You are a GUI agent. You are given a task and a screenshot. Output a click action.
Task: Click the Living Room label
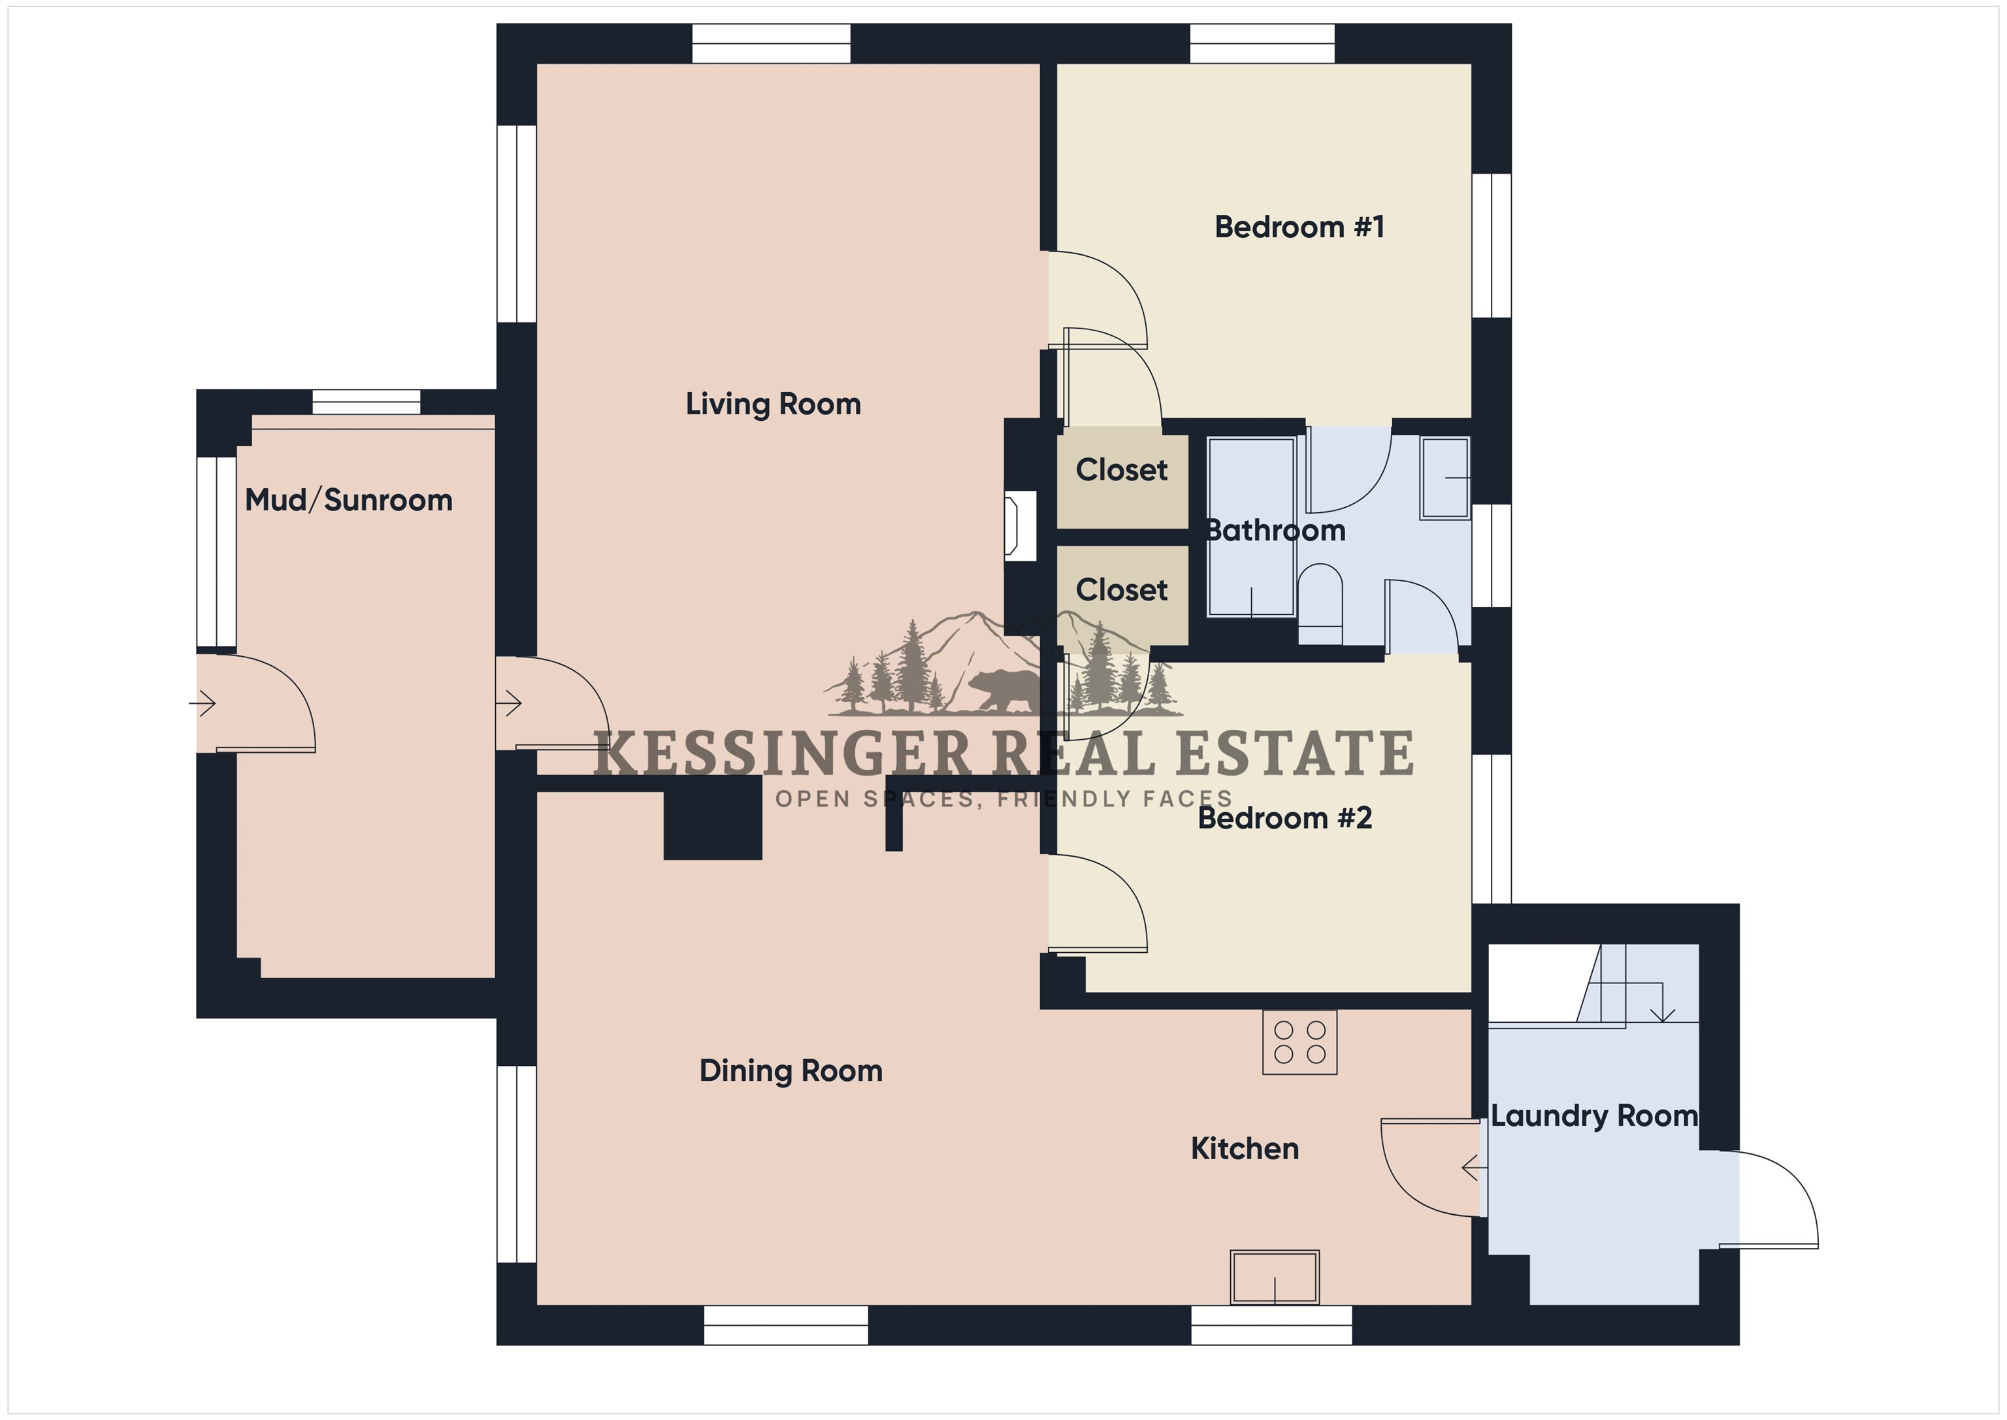point(773,404)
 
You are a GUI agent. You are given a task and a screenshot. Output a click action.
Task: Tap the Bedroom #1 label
point(1299,227)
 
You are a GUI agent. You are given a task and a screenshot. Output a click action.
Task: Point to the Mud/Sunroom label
point(349,500)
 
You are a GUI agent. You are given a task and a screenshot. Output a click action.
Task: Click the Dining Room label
point(791,1071)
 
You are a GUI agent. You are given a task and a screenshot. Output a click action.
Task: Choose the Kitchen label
point(1245,1149)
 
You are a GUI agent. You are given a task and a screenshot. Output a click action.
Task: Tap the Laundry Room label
point(1593,1117)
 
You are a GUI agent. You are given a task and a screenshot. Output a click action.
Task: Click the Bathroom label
point(1275,531)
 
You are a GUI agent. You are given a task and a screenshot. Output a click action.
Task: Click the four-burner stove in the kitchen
point(1300,1042)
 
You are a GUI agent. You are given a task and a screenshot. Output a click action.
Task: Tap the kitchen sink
point(1275,1278)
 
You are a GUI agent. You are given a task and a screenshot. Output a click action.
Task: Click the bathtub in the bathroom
point(1251,527)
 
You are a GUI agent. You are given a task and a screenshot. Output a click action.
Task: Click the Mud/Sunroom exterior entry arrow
point(202,703)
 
